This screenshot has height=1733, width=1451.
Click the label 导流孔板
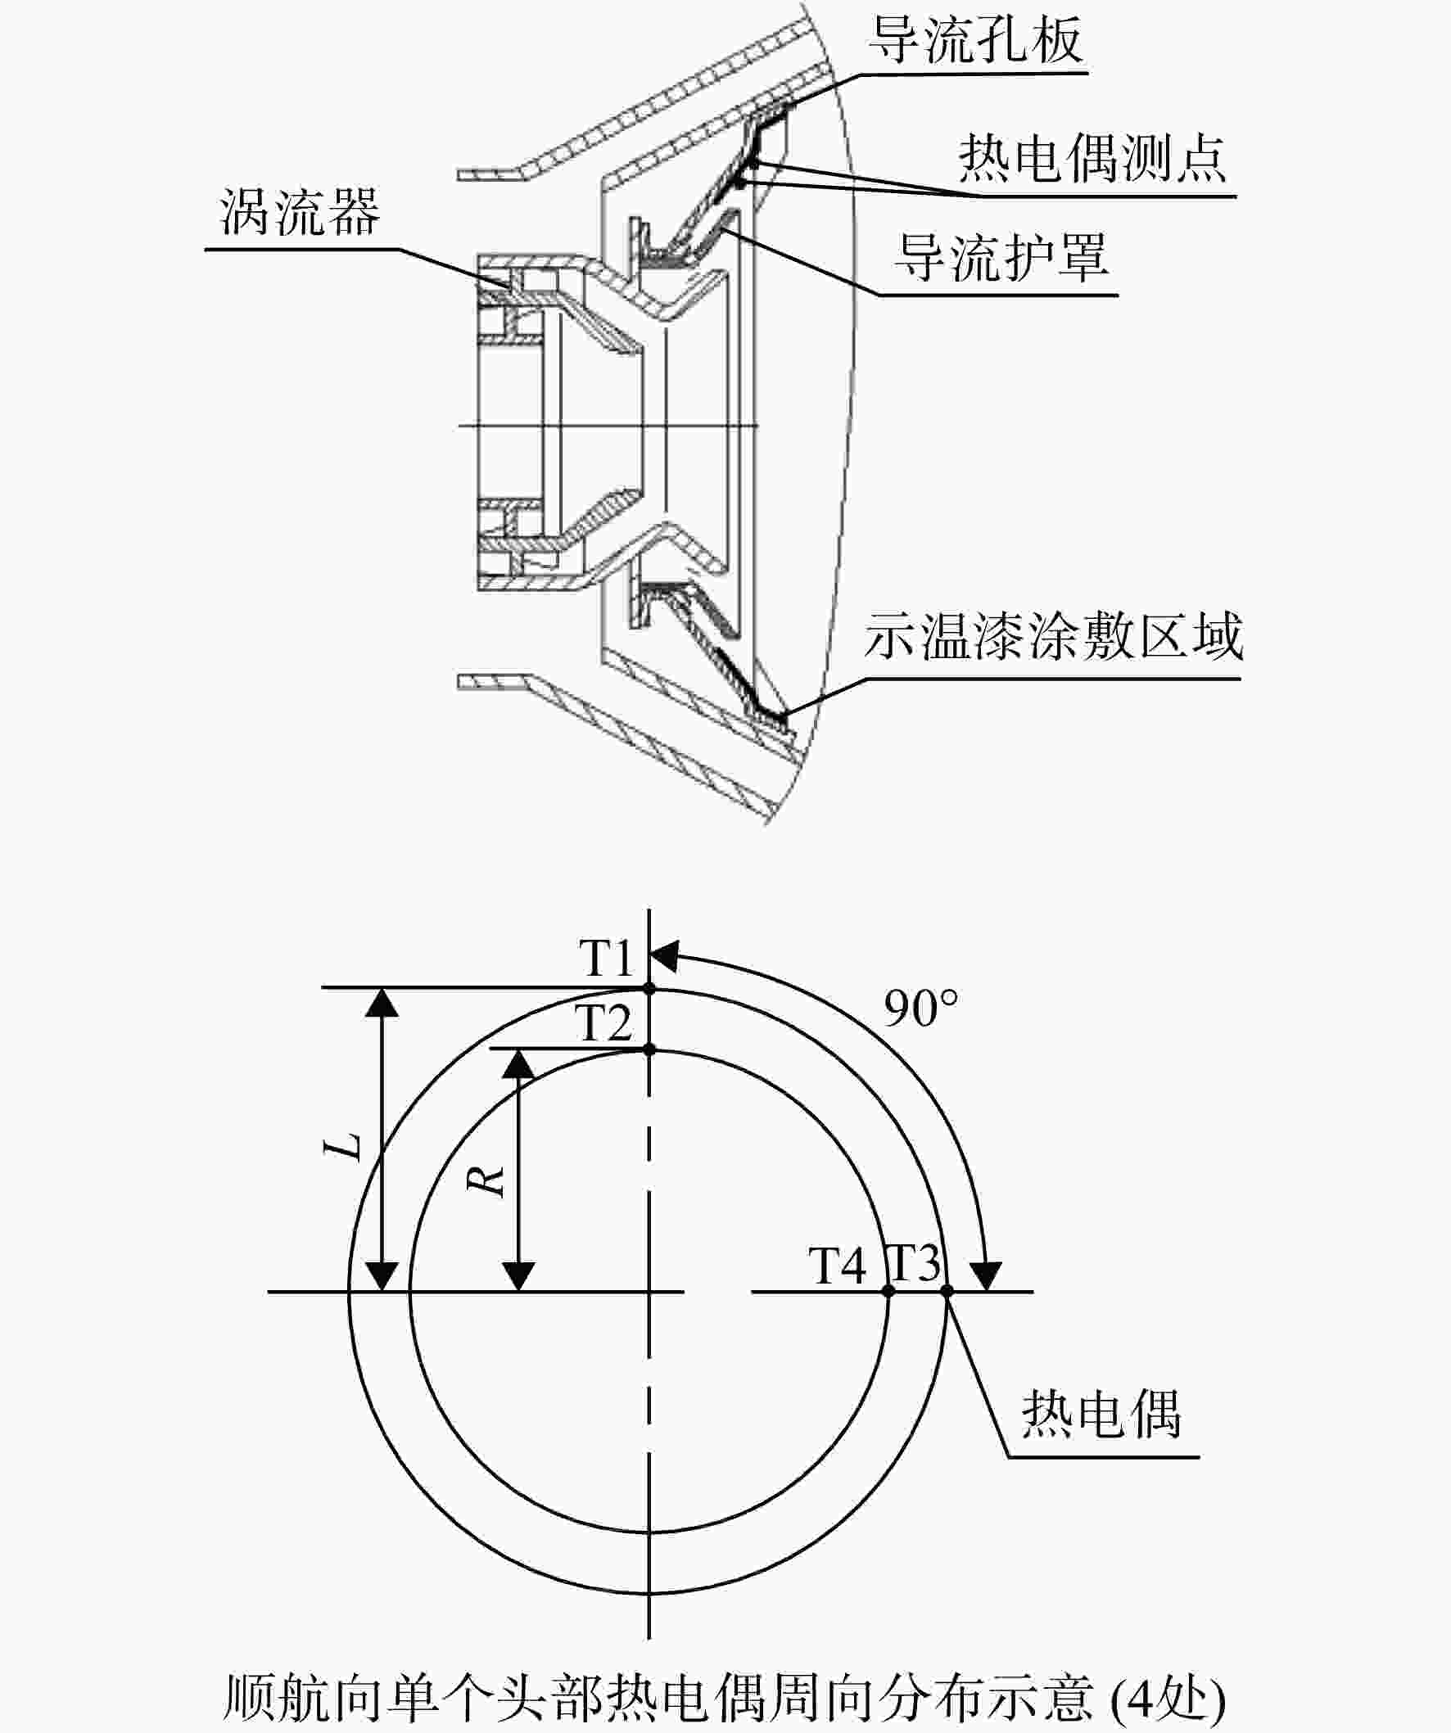[x=975, y=38]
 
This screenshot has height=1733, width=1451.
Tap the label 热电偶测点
[x=1092, y=159]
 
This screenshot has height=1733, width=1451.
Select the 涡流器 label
[x=301, y=211]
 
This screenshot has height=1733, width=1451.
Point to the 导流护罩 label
[x=1002, y=257]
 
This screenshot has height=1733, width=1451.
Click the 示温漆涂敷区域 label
[x=1053, y=635]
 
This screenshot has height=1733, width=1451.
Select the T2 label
[x=605, y=1023]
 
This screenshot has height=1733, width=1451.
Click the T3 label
[x=914, y=1261]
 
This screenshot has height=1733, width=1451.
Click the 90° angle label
[x=921, y=1008]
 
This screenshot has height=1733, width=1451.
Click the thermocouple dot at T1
[x=649, y=988]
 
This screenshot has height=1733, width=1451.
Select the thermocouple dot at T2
[x=649, y=1049]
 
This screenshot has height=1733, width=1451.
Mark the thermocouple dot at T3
[x=947, y=1291]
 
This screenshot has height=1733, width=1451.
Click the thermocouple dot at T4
[x=888, y=1291]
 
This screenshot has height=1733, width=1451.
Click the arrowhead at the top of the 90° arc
[x=663, y=956]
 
